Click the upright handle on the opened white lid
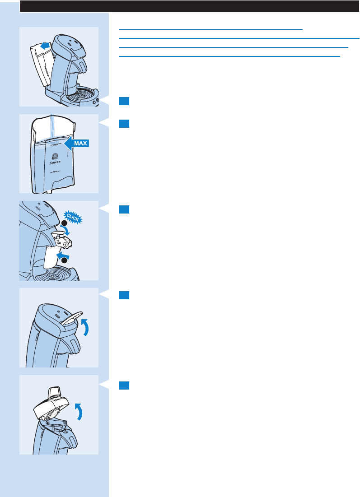point(54,392)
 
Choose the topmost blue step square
point(124,101)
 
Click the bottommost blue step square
point(124,385)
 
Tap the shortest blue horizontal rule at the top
point(211,29)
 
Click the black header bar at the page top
point(190,6)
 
